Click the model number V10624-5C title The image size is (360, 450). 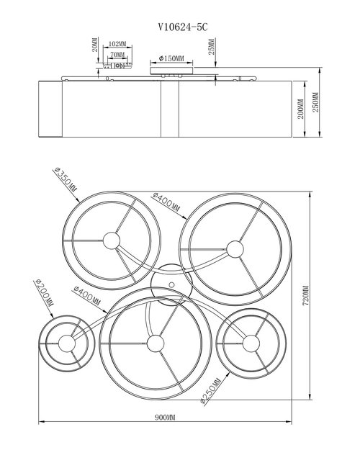pos(183,27)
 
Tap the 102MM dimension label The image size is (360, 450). pos(117,44)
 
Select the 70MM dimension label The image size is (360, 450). pos(117,55)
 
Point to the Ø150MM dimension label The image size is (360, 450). pos(171,59)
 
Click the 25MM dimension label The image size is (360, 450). pos(211,47)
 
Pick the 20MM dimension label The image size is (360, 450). pos(95,44)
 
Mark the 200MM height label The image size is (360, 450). pos(300,109)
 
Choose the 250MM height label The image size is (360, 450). pos(315,102)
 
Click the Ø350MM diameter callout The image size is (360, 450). pos(66,180)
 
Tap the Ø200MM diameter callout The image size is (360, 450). pos(44,292)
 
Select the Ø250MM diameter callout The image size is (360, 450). pos(210,391)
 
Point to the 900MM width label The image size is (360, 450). pos(165,418)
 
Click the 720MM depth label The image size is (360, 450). pos(305,295)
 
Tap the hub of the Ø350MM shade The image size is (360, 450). pos(111,240)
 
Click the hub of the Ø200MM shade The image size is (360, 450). pos(67,343)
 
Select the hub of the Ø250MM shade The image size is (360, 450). pos(251,343)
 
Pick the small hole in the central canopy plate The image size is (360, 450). pos(171,284)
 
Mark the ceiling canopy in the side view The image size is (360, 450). pos(171,71)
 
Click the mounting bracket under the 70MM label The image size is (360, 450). pos(117,66)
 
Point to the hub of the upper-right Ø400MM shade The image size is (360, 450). pos(235,249)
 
